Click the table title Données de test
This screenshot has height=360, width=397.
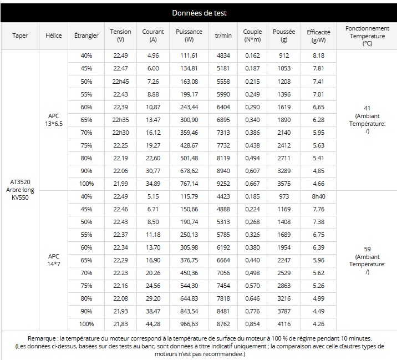pyautogui.click(x=199, y=13)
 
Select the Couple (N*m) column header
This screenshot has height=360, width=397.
pyautogui.click(x=252, y=36)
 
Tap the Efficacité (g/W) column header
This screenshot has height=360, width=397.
pyautogui.click(x=318, y=36)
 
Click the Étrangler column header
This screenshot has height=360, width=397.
pyautogui.click(x=86, y=36)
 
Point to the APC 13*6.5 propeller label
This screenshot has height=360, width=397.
pyautogui.click(x=54, y=120)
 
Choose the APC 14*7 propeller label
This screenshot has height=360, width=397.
pyautogui.click(x=54, y=260)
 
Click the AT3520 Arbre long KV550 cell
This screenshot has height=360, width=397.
pyautogui.click(x=20, y=190)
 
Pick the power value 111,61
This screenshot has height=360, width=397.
pyautogui.click(x=189, y=55)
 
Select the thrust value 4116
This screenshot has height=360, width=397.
pyautogui.click(x=284, y=324)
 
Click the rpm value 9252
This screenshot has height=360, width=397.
pyautogui.click(x=223, y=184)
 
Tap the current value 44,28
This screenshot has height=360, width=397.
pyautogui.click(x=153, y=324)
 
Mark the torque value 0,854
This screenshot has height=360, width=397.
pyautogui.click(x=252, y=324)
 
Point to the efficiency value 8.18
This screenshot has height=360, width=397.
pyautogui.click(x=318, y=55)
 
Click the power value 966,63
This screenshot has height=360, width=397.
pyautogui.click(x=189, y=324)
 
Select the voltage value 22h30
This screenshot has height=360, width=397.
pyautogui.click(x=120, y=133)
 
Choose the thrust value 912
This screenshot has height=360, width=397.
pyautogui.click(x=284, y=55)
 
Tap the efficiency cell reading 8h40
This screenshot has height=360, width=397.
pyautogui.click(x=318, y=196)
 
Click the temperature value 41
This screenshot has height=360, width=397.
pyautogui.click(x=367, y=108)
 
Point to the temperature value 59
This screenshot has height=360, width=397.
pyautogui.click(x=367, y=249)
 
